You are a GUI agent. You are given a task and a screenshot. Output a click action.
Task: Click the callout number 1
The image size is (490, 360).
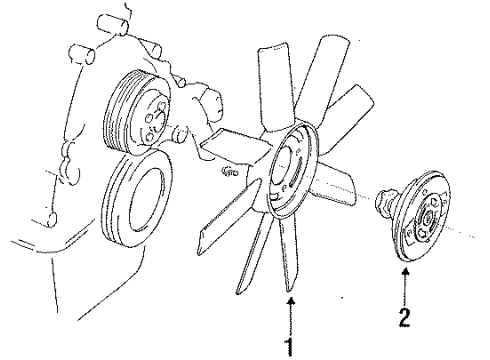point(290,347)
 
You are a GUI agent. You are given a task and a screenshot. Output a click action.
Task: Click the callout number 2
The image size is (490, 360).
point(404,317)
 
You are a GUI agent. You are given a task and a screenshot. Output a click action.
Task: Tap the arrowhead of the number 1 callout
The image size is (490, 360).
point(291,301)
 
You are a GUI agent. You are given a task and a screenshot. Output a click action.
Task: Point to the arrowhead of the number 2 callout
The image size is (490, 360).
point(405,272)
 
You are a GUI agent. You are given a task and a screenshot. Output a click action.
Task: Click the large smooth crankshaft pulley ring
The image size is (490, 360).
point(137,199)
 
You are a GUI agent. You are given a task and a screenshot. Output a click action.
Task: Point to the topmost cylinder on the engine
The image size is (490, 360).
point(113,24)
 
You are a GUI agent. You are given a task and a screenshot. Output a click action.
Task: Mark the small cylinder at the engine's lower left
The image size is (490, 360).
point(51,219)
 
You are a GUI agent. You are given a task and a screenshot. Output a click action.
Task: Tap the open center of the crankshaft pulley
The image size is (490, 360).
point(148,199)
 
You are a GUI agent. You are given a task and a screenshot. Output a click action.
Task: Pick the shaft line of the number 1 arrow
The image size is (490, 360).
point(291,321)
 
